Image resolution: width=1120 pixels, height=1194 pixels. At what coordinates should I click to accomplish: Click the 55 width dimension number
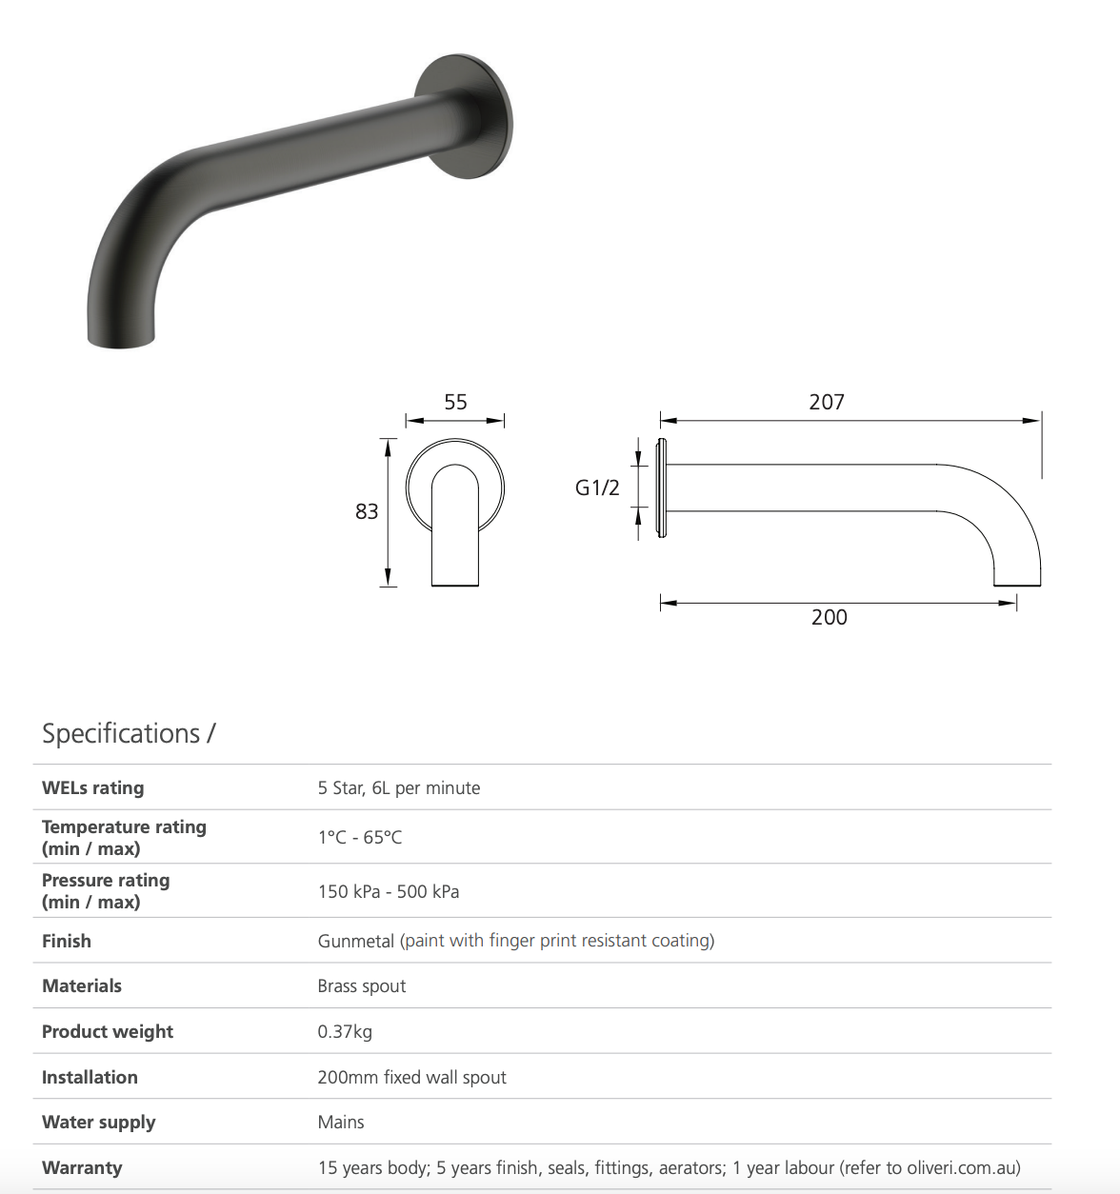point(455,402)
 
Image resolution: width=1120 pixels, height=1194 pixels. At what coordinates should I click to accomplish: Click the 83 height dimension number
point(367,511)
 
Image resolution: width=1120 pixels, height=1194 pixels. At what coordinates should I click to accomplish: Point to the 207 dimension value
point(827,402)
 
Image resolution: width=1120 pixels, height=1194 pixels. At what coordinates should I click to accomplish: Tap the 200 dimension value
point(829,617)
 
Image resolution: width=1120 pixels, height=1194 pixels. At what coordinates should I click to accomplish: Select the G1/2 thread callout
point(597,488)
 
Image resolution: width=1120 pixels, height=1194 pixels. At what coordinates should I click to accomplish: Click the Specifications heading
point(129,733)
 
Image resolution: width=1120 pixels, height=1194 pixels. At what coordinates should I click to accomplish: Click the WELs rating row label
point(92,787)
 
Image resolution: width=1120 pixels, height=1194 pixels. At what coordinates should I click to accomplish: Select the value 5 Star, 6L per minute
point(398,787)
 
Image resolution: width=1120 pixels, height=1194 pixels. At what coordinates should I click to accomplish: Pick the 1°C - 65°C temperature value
point(359,837)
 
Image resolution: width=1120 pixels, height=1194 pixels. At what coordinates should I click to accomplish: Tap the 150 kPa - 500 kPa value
point(388,891)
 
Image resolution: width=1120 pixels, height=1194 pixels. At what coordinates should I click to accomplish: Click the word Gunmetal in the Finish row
point(355,941)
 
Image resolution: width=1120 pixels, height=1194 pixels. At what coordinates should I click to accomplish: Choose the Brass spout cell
point(361,985)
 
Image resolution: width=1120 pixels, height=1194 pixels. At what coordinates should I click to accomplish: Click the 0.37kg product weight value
point(345,1031)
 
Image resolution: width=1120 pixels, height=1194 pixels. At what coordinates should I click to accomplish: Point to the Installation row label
point(90,1077)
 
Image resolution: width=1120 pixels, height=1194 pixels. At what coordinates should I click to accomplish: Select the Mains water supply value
point(340,1122)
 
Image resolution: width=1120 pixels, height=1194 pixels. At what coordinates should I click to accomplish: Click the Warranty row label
point(82,1167)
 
